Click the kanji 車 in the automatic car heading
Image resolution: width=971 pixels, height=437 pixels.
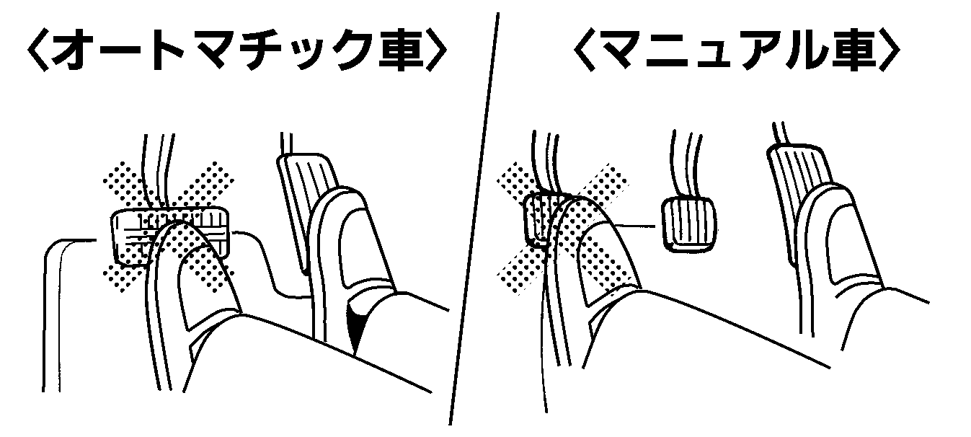[401, 50]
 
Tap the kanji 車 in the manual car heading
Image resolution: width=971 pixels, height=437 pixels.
[854, 50]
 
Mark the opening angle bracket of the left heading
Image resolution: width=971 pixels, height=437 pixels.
[37, 50]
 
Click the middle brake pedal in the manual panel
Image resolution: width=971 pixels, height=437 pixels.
[688, 224]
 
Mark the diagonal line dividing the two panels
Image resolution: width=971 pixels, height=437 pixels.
[474, 218]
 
